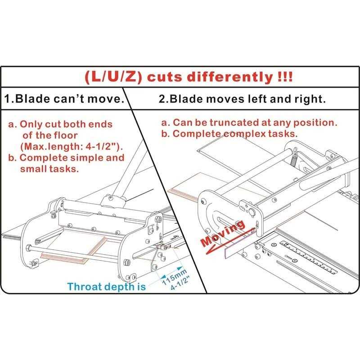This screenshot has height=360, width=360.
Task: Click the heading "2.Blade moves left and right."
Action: [242, 99]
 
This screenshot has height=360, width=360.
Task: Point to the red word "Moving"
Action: [223, 233]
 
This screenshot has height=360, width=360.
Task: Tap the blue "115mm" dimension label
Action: [175, 277]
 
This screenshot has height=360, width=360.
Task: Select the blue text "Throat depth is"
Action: [107, 287]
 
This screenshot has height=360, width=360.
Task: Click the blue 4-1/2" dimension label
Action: [180, 284]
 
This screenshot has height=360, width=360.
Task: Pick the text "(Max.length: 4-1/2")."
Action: [72, 147]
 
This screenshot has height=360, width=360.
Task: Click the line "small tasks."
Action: [49, 169]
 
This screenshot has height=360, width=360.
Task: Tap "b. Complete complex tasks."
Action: [229, 134]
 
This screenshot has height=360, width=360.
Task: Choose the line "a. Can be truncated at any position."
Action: [249, 122]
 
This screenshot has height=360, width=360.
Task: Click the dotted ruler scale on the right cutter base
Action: [308, 257]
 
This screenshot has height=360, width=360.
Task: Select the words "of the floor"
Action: [50, 135]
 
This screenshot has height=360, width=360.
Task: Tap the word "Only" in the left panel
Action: [31, 124]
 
